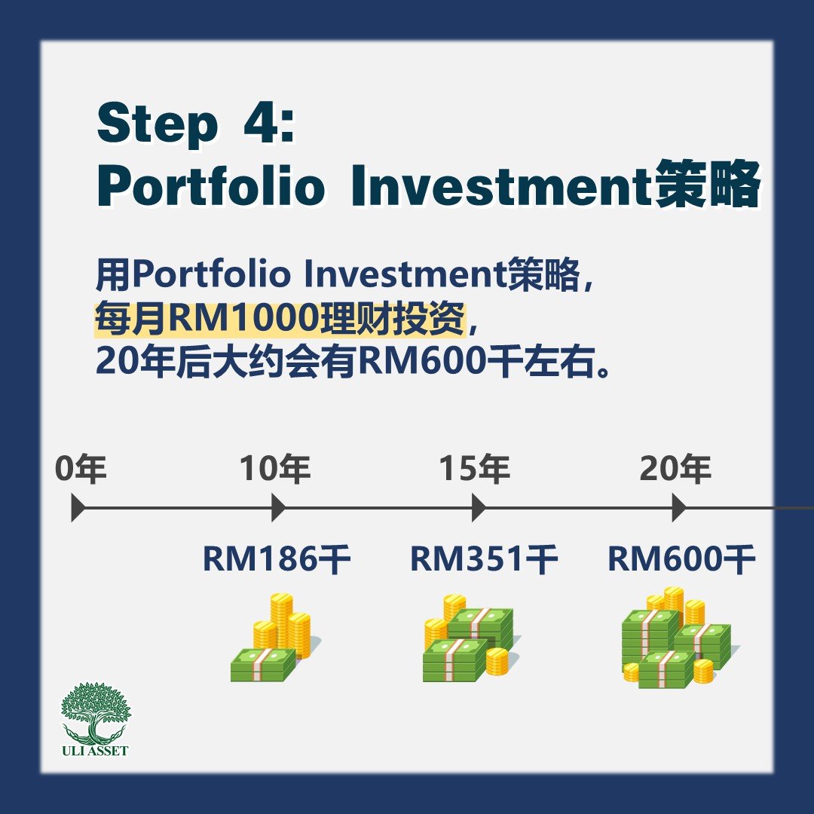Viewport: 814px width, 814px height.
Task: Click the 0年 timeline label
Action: [x=81, y=469]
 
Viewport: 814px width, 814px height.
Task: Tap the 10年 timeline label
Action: [x=275, y=469]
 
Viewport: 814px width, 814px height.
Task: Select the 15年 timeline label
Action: [x=475, y=469]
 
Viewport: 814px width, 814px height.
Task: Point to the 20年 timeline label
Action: [x=675, y=469]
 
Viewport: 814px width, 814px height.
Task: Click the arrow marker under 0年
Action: [x=78, y=508]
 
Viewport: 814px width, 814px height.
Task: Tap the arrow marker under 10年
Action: [x=279, y=508]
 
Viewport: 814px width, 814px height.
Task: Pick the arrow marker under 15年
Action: [x=479, y=508]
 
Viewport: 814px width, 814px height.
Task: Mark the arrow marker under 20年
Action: [x=679, y=508]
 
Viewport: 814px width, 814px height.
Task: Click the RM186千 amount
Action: [x=277, y=559]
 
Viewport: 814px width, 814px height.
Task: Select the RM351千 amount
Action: [x=484, y=559]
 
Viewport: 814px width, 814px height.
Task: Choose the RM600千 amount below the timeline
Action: [x=681, y=559]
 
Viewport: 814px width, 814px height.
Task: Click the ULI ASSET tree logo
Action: [x=95, y=720]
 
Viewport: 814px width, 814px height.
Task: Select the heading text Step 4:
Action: [x=196, y=124]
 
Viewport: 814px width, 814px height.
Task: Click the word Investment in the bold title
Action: [x=501, y=185]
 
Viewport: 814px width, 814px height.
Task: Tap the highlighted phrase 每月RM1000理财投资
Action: [x=280, y=318]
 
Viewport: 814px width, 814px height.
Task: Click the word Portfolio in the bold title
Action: [x=211, y=185]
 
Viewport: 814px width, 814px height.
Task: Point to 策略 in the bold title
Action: [x=707, y=185]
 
